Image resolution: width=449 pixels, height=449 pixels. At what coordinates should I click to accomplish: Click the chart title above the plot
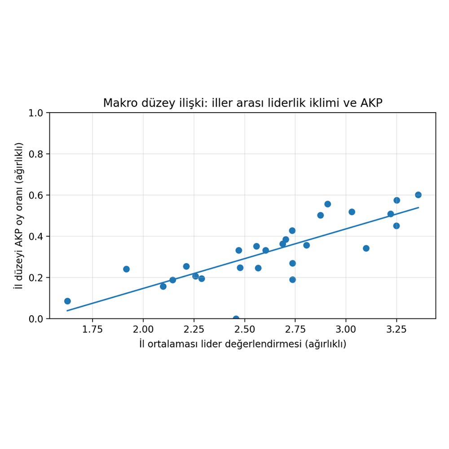[x=242, y=103]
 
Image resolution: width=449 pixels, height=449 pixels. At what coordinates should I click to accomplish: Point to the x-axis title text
[x=242, y=344]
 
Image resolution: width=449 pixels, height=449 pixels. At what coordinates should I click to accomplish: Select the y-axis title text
[x=19, y=216]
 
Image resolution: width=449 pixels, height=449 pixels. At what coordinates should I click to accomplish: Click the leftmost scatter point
[x=67, y=301]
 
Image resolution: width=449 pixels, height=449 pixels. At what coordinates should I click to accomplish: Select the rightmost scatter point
[x=418, y=195]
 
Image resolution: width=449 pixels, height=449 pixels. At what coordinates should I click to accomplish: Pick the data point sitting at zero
[x=236, y=318]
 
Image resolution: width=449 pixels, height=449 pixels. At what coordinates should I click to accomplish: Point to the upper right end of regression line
[x=418, y=207]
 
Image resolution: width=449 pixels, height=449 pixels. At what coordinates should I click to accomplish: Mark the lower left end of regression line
[x=67, y=311]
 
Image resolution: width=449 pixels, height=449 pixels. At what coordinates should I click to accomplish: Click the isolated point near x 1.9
[x=126, y=269]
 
